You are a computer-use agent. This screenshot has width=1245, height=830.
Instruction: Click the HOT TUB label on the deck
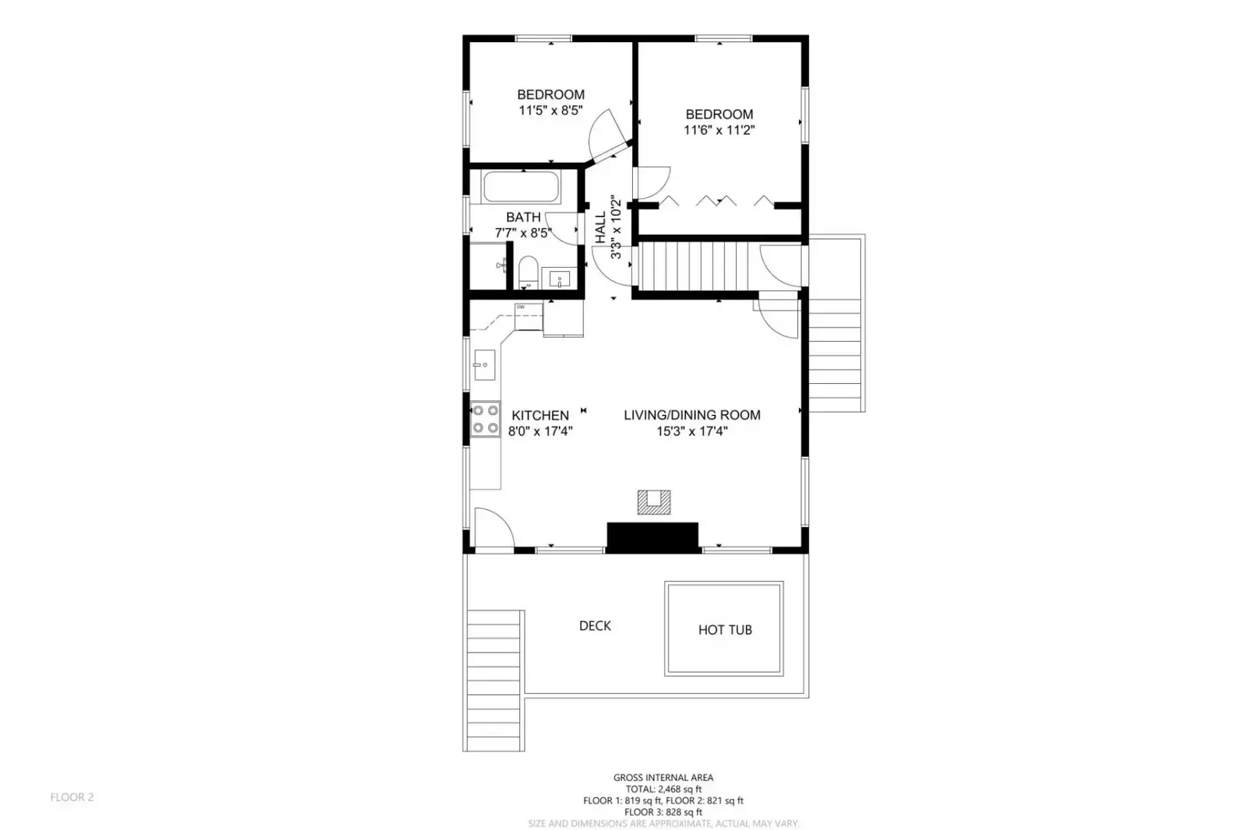point(725,630)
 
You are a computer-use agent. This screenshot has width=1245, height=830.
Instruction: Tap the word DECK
point(595,626)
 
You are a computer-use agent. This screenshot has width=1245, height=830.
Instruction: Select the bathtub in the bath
point(522,187)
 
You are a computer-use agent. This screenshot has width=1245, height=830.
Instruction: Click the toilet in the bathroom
point(527,272)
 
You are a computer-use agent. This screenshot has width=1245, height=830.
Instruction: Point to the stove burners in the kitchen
point(485,419)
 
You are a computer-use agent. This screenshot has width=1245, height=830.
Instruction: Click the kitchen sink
point(484,364)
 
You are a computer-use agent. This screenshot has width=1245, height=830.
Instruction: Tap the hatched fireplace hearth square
point(653,502)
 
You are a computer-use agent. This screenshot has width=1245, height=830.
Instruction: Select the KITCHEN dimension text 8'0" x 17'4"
point(540,431)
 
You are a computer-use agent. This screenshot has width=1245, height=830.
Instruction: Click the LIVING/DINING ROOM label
point(692,415)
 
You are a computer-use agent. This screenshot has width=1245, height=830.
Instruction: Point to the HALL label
point(600,227)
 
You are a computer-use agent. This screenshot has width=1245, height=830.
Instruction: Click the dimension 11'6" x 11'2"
point(719,130)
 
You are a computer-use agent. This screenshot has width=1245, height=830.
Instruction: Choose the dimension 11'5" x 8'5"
point(550,110)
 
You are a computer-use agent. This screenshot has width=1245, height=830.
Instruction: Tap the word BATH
point(523,216)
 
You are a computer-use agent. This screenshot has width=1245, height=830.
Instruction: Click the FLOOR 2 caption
point(72,797)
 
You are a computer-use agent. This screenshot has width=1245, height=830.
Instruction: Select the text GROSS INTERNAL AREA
point(663,778)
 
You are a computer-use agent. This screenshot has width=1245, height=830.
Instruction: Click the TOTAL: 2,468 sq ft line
point(663,790)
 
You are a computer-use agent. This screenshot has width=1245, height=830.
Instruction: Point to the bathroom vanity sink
point(560,279)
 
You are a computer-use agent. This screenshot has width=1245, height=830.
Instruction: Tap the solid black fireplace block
point(652,537)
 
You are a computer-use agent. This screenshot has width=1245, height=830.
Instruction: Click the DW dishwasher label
point(521,307)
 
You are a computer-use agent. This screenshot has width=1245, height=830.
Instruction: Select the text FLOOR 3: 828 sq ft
point(663,812)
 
